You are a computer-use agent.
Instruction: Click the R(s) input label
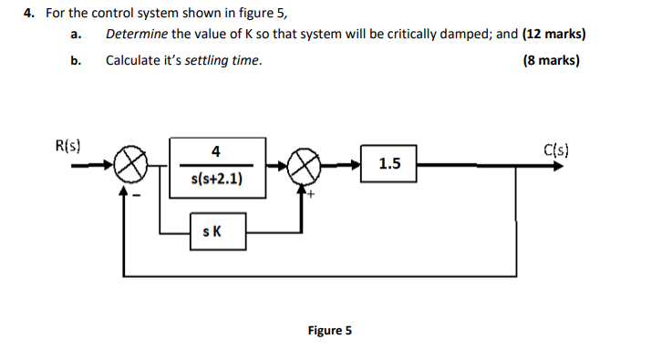pos(68,145)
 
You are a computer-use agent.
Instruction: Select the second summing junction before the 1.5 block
pos(303,166)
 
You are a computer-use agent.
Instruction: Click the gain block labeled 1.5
pos(388,164)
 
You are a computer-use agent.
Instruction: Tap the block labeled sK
pos(214,232)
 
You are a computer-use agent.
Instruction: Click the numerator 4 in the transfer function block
pos(215,150)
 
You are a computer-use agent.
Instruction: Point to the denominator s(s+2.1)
pos(216,179)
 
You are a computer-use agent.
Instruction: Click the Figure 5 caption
pos(329,330)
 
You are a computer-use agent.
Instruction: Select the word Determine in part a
pos(137,35)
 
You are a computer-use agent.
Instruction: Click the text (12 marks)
pos(553,35)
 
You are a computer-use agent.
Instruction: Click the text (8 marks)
pos(552,61)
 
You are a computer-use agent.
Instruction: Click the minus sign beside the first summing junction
pos(140,192)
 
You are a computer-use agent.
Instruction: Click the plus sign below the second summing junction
pos(311,193)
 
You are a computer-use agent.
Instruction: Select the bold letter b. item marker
pos(77,61)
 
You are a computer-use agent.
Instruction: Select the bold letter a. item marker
pos(77,35)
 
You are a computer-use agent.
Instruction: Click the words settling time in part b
pos(222,61)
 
